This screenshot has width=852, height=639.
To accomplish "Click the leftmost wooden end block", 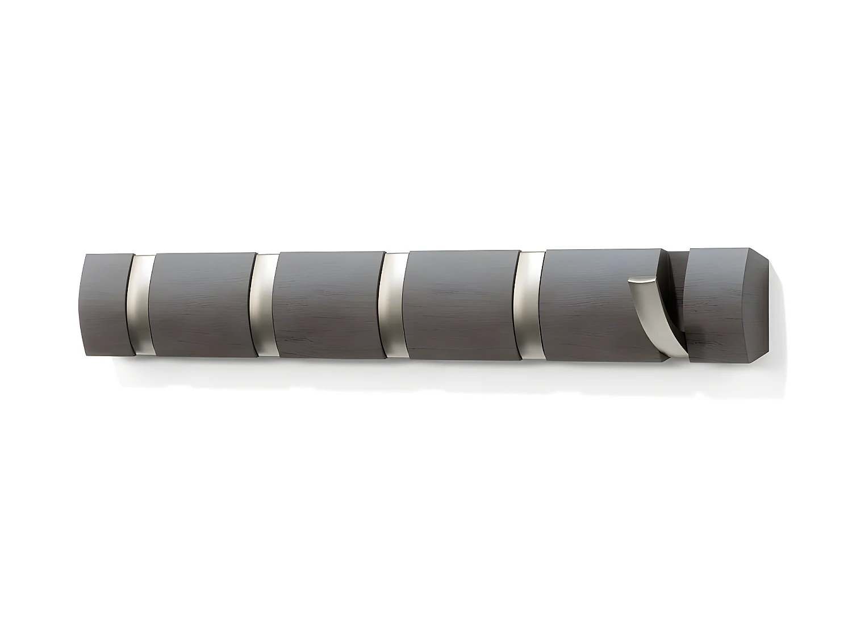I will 108,304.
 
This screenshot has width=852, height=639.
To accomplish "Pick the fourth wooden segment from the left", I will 463,305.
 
